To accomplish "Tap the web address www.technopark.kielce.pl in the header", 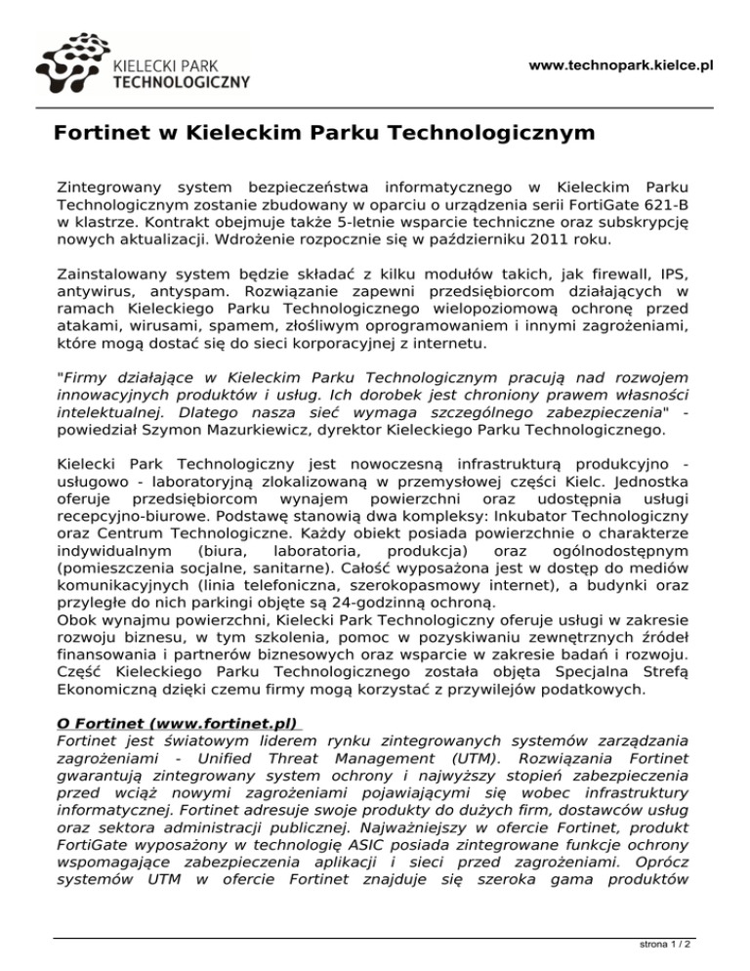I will (x=620, y=65).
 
